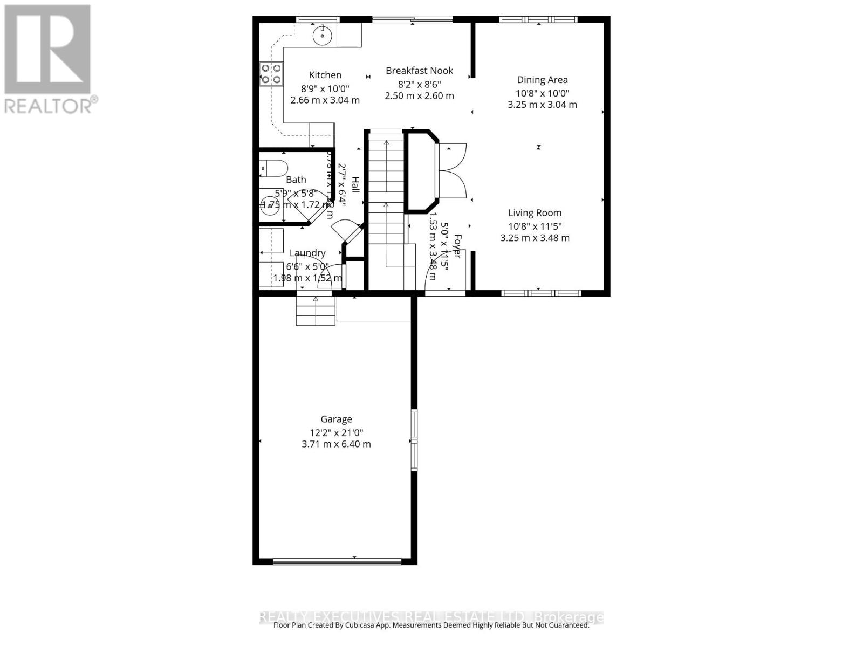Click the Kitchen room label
[325, 75]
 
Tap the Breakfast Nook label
[419, 71]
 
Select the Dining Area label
[542, 80]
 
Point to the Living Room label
[535, 213]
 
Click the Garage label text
[336, 419]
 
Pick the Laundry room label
[307, 253]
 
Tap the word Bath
[296, 180]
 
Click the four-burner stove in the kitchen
[271, 74]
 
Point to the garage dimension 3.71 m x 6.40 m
[336, 444]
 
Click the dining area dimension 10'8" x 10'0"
[542, 93]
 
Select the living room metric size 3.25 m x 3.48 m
[535, 238]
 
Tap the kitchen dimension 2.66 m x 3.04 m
[325, 100]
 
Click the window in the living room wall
[540, 293]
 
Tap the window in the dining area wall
[538, 20]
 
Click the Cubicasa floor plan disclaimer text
[431, 625]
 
